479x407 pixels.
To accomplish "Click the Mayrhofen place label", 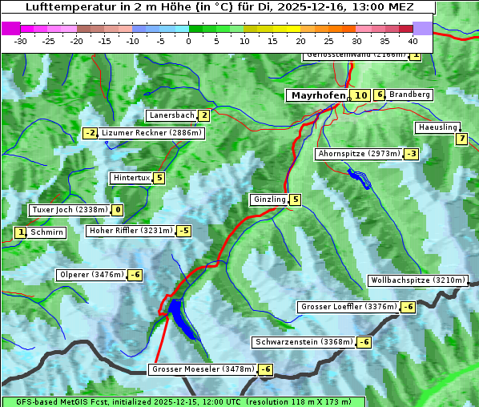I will pyautogui.click(x=318, y=95).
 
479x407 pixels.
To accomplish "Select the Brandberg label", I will pyautogui.click(x=410, y=95).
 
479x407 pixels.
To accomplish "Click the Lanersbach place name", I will pyautogui.click(x=171, y=115).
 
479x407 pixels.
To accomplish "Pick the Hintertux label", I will pyautogui.click(x=132, y=178).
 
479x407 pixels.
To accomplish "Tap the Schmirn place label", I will pyautogui.click(x=47, y=232).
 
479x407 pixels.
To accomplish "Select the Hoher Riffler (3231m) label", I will pyautogui.click(x=130, y=231).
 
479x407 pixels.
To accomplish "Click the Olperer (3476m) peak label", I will pyautogui.click(x=91, y=275).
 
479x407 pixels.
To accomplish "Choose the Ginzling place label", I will pyautogui.click(x=269, y=199).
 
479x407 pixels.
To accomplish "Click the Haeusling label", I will pyautogui.click(x=437, y=127).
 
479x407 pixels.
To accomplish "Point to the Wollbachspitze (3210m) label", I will pyautogui.click(x=417, y=280).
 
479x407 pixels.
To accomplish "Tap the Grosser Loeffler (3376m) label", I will pyautogui.click(x=348, y=307).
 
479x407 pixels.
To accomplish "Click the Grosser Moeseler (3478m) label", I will pyautogui.click(x=203, y=369).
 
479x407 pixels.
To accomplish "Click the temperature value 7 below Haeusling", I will pyautogui.click(x=461, y=139).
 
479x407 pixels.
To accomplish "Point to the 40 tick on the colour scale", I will pyautogui.click(x=413, y=41).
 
